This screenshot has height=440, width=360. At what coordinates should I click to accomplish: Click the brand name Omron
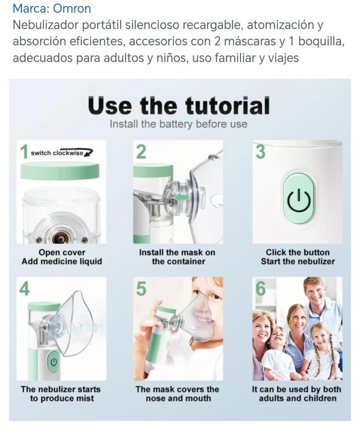72,8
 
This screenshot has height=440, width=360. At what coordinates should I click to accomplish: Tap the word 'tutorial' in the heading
227,106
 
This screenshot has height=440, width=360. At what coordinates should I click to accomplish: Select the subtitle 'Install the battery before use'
178,124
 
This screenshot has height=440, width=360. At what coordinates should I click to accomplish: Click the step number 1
24,151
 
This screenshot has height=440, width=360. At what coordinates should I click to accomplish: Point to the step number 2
141,151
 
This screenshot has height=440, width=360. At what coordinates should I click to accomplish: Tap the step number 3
261,151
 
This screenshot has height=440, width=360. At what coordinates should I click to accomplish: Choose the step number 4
24,289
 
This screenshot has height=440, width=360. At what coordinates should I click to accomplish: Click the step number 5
141,289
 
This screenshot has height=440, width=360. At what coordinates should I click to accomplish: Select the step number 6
261,289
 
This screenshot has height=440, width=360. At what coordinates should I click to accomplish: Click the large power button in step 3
298,199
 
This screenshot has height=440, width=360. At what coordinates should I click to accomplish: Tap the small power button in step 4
54,362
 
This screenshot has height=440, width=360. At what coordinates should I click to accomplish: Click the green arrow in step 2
181,198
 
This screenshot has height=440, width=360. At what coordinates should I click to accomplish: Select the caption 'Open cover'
62,252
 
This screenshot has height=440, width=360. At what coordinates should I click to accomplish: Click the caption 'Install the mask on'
177,252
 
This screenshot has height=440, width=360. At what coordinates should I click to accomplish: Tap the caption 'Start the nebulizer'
298,262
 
